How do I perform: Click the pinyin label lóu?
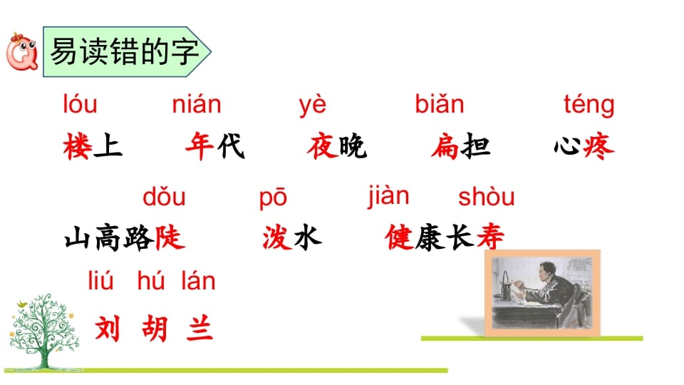click(80, 105)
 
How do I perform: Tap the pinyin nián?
click(197, 105)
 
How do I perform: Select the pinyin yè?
click(312, 105)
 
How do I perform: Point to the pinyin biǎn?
click(440, 105)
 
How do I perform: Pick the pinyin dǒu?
click(164, 196)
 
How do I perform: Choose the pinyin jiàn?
click(388, 195)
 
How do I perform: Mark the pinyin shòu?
click(487, 196)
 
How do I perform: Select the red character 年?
click(199, 147)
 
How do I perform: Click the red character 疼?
click(599, 147)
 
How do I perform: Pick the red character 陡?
click(170, 237)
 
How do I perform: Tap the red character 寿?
click(489, 237)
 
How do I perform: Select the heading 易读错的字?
click(124, 52)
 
